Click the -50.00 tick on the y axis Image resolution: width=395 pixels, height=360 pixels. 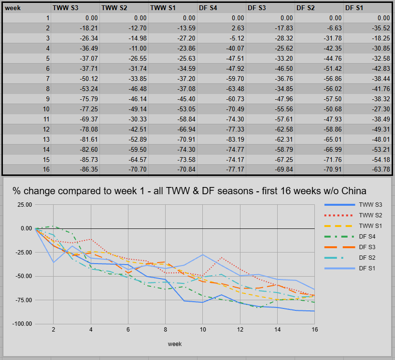(22, 276)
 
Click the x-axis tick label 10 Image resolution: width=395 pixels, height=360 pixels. (203, 330)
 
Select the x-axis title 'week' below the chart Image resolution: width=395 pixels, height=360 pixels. (175, 344)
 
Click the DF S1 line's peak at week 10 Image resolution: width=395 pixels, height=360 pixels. (203, 254)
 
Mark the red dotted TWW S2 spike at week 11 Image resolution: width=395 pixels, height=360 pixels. (222, 257)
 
